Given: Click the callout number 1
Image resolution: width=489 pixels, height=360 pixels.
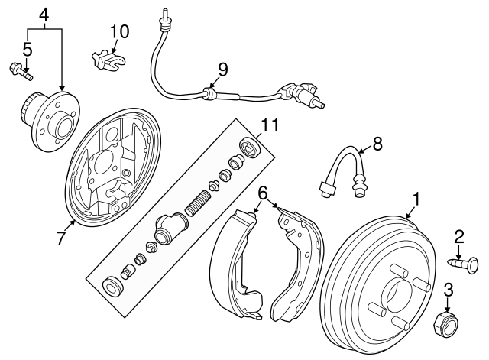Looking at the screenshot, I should pos(416,199).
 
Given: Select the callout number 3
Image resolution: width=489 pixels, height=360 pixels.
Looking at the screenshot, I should pos(449,289).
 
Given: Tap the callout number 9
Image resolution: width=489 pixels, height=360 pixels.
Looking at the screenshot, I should pos(222,70).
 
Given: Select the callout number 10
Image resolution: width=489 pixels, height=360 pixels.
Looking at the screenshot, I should pos(119,32).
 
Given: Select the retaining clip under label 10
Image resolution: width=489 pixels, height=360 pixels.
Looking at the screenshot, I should pos(108,58).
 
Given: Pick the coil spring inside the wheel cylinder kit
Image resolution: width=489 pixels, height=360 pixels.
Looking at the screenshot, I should pos(198,205).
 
